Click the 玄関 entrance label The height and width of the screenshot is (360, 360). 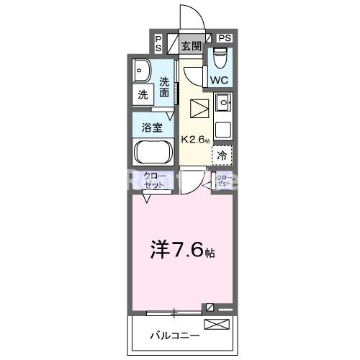coord(191,47)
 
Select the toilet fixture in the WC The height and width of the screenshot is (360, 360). coord(219,55)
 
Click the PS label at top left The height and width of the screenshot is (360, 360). coord(158,43)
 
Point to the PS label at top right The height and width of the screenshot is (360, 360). coord(225,37)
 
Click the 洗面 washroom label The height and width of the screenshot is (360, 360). coord(165,87)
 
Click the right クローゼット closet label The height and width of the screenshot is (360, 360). coord(224,180)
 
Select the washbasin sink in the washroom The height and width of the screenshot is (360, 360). coord(141,71)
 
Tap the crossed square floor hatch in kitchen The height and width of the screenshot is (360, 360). coord(199,109)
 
